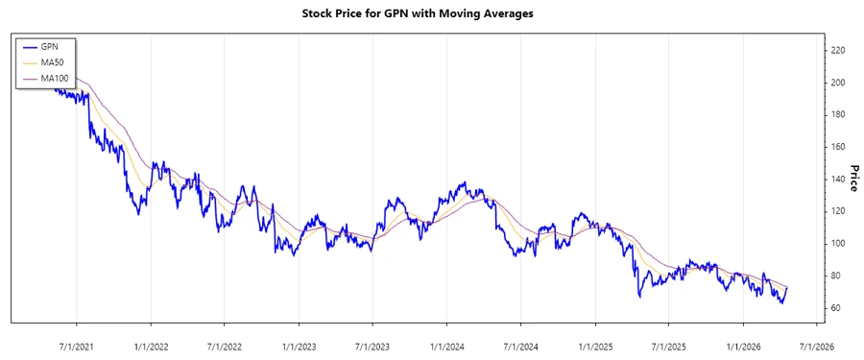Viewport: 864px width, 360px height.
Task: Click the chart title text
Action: (431, 13)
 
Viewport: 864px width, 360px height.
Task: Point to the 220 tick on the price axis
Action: (838, 50)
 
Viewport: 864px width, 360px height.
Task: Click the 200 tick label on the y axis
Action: (838, 83)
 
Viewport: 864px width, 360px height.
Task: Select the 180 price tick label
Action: (838, 114)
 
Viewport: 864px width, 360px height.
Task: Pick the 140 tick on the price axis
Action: (838, 179)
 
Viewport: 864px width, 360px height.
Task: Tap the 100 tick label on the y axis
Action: (838, 243)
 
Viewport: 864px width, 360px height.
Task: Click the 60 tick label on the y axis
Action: (837, 307)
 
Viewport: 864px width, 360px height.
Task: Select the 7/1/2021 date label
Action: (76, 345)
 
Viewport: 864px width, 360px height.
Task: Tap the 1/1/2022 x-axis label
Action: (150, 345)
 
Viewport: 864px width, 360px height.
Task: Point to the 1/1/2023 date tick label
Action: (299, 345)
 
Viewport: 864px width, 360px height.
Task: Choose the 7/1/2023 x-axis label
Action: (372, 345)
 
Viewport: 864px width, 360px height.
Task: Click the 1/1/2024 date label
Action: (446, 345)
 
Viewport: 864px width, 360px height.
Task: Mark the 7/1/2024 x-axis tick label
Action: (519, 345)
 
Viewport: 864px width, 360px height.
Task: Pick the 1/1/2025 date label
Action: (594, 345)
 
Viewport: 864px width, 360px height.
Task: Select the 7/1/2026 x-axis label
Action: (815, 345)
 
